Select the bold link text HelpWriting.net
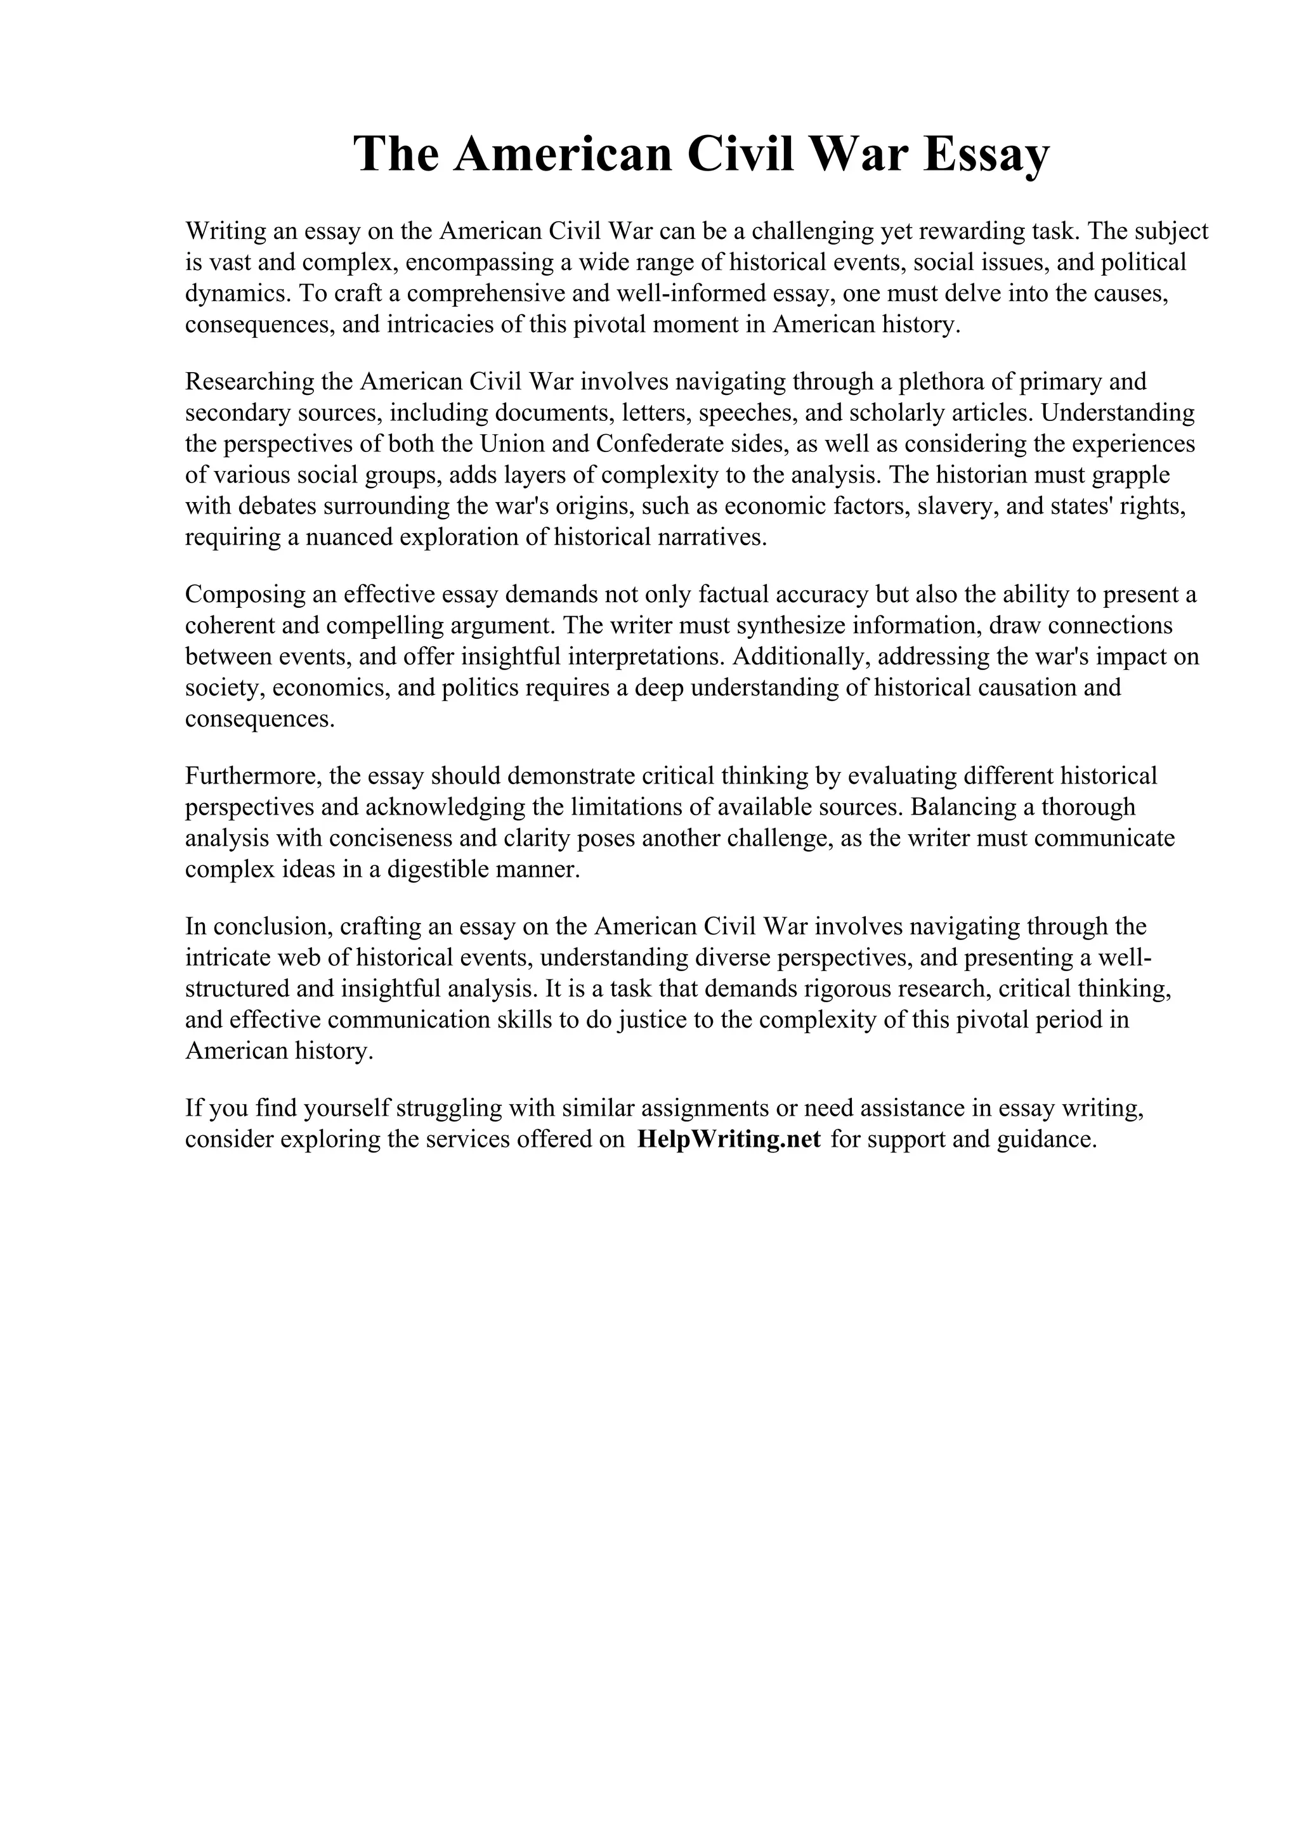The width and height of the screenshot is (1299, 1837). click(729, 1139)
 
